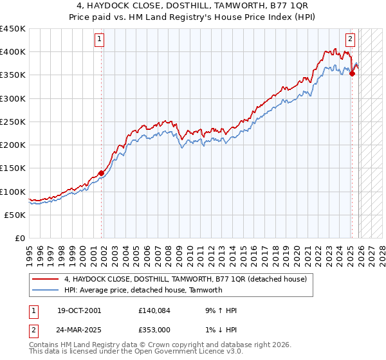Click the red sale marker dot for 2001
tap(102, 173)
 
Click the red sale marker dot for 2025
tap(352, 73)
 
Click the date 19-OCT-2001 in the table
tap(78, 310)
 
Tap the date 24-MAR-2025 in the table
tap(79, 331)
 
